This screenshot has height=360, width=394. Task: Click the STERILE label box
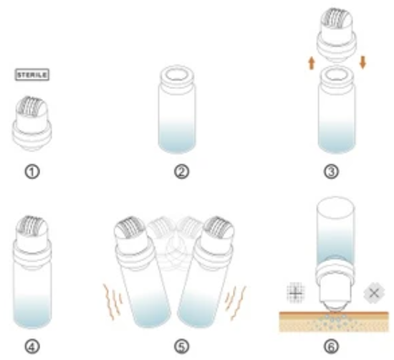click(32, 75)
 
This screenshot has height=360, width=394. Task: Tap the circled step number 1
click(32, 172)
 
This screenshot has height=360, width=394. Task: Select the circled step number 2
click(182, 172)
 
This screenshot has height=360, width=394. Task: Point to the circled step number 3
click(331, 172)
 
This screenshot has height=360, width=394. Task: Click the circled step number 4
click(32, 346)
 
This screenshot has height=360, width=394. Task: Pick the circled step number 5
click(182, 346)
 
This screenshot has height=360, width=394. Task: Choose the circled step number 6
click(331, 346)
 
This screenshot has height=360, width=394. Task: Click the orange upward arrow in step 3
click(312, 63)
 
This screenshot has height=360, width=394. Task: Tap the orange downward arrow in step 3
click(362, 62)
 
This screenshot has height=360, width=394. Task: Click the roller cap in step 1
click(32, 123)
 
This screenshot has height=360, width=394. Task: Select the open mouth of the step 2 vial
click(177, 75)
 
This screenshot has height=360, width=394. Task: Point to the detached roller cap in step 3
click(337, 35)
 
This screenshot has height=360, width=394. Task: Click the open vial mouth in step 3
click(337, 75)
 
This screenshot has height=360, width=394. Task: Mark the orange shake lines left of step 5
click(112, 302)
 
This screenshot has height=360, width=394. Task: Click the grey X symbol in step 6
click(374, 293)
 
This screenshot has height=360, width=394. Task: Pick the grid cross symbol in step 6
click(296, 293)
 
